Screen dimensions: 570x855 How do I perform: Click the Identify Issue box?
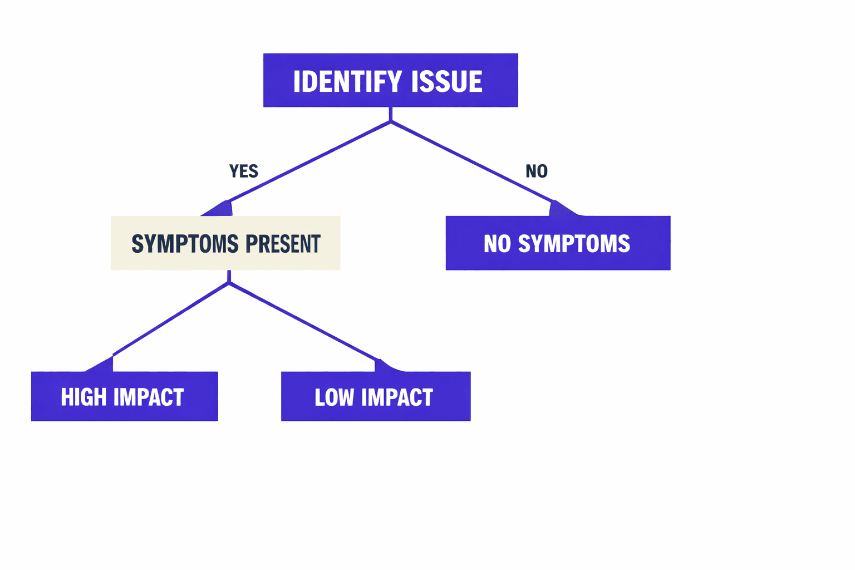tap(390, 80)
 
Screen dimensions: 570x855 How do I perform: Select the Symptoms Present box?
tap(225, 243)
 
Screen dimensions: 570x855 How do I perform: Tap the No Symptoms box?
tap(558, 243)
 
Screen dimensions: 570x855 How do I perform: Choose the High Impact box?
tap(124, 396)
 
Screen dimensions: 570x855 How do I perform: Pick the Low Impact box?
tap(376, 396)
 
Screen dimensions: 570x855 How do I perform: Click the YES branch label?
tap(244, 171)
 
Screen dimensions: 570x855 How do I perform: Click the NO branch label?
tap(537, 171)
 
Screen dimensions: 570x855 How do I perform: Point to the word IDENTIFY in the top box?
tap(347, 81)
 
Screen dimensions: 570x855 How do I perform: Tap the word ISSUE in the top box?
tap(446, 81)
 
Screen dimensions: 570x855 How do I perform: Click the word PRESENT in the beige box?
tap(283, 244)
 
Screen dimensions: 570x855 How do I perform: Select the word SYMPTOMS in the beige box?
tap(185, 244)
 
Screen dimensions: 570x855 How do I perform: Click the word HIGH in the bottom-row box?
tap(83, 397)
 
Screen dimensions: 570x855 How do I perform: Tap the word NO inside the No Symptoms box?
tap(497, 244)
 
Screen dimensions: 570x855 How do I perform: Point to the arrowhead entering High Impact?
tap(104, 365)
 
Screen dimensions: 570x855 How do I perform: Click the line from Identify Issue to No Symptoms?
tap(473, 162)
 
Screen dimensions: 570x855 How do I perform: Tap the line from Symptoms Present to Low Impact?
tap(303, 322)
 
